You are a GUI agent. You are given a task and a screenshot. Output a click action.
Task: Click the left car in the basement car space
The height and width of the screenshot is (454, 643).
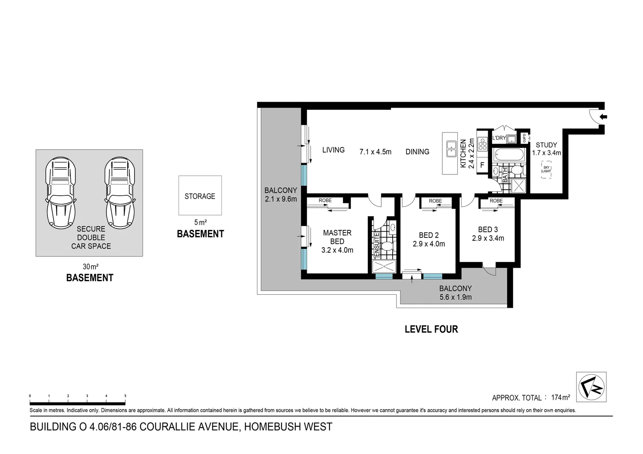click(x=61, y=193)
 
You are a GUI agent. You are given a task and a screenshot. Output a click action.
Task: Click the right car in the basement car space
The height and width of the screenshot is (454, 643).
click(x=120, y=193)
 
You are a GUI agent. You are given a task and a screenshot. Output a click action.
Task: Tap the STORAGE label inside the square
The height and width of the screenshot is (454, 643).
click(x=200, y=196)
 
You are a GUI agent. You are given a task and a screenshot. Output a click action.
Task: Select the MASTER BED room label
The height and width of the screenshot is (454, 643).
click(x=337, y=237)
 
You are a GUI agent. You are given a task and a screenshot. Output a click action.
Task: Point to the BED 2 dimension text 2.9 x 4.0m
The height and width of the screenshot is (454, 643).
click(x=429, y=244)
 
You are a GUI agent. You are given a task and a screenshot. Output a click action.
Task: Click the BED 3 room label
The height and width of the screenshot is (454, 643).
click(x=488, y=230)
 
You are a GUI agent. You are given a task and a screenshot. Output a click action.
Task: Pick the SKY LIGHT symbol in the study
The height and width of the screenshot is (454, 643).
click(x=546, y=169)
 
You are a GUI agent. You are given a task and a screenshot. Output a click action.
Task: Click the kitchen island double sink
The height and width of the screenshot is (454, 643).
click(x=451, y=149)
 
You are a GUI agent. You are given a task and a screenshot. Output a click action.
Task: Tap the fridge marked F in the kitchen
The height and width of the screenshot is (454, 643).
click(x=482, y=165)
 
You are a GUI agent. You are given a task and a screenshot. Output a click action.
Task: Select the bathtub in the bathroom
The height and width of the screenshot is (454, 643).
click(x=509, y=154)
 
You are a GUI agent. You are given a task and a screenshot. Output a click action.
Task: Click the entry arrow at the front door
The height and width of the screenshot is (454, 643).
click(x=603, y=117)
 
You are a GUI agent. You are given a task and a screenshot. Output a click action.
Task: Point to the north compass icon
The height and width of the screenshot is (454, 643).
click(x=591, y=387)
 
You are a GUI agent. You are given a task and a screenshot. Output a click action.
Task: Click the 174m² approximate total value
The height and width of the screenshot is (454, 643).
click(x=561, y=397)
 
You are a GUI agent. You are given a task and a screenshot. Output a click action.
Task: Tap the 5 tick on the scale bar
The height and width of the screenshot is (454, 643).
click(x=125, y=396)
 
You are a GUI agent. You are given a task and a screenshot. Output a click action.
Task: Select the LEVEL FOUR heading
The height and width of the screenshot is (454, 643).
click(x=431, y=329)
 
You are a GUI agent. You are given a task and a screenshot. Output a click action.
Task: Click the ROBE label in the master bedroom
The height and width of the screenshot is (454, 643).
click(x=325, y=201)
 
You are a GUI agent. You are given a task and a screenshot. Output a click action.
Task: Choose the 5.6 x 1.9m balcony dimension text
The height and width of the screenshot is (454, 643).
click(x=455, y=297)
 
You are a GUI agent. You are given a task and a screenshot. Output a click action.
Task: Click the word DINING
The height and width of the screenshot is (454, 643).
click(x=417, y=152)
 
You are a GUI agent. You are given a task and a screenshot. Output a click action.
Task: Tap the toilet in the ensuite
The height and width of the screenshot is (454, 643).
click(x=386, y=245)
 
